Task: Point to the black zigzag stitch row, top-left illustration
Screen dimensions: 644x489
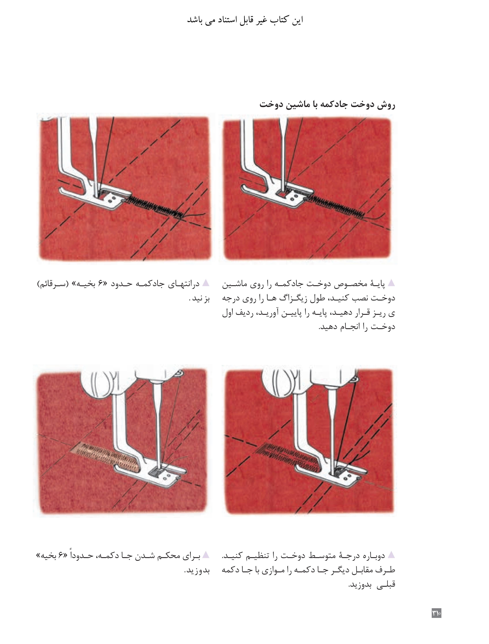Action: [154, 207]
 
